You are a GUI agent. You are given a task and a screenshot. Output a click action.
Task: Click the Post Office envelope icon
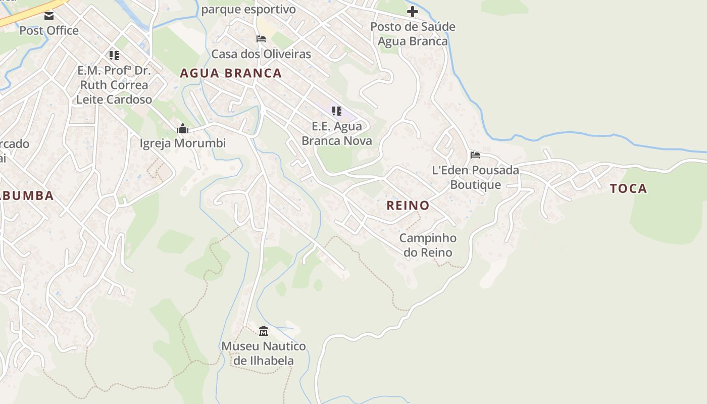(x=49, y=16)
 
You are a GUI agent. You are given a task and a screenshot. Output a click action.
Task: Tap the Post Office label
(x=49, y=30)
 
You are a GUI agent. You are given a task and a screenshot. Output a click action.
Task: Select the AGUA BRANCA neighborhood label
(x=231, y=73)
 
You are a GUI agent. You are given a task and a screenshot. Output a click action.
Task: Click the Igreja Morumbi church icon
(x=183, y=129)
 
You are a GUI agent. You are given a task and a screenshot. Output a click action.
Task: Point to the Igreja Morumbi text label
(x=183, y=143)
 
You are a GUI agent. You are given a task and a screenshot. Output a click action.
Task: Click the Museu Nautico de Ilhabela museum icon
(x=264, y=331)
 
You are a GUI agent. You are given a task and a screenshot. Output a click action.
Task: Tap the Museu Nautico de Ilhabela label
(x=264, y=353)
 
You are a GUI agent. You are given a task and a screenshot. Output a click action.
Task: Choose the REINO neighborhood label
(x=408, y=206)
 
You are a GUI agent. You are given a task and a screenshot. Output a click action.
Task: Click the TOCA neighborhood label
(x=628, y=189)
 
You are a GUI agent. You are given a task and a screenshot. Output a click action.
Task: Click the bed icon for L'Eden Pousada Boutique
(x=475, y=155)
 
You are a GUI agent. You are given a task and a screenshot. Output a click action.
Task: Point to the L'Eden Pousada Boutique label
(x=475, y=177)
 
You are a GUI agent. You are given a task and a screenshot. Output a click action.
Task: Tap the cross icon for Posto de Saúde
(x=413, y=11)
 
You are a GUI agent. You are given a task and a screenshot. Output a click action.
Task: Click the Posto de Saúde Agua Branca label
(x=413, y=34)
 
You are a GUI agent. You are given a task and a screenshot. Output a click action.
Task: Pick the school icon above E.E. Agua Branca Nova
(x=337, y=111)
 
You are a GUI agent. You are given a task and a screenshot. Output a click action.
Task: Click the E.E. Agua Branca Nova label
(x=337, y=133)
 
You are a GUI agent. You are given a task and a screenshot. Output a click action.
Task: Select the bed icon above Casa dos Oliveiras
(x=261, y=39)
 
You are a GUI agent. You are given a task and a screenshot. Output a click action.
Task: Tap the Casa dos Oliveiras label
(x=261, y=54)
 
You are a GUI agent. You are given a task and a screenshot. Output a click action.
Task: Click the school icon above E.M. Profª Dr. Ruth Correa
(x=114, y=55)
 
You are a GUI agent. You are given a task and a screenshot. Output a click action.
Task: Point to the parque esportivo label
(x=248, y=10)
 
